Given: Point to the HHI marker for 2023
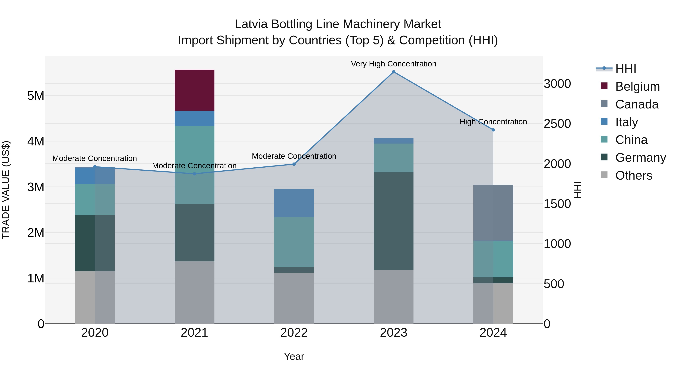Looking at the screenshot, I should point(393,72).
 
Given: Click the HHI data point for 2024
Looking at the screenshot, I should point(493,130).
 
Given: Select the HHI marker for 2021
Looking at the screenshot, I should point(195,174).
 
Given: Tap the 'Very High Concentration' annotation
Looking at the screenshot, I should point(393,64).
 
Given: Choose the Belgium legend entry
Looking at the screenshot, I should point(637,87).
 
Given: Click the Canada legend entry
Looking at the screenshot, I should point(637,104).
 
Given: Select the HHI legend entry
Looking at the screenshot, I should point(626,69).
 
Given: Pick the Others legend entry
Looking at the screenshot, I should point(634,175).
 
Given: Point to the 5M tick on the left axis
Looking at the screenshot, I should point(36,96).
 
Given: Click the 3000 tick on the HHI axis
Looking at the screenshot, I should point(557,84).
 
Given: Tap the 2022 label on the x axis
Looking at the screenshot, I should point(294,333).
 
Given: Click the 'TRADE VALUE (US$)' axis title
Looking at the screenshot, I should point(6,190).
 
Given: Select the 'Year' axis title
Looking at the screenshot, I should point(294,356).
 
